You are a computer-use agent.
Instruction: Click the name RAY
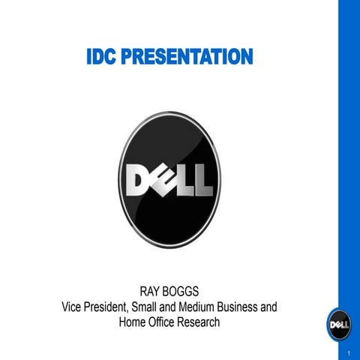click(x=153, y=291)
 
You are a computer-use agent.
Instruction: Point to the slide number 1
click(x=349, y=352)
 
